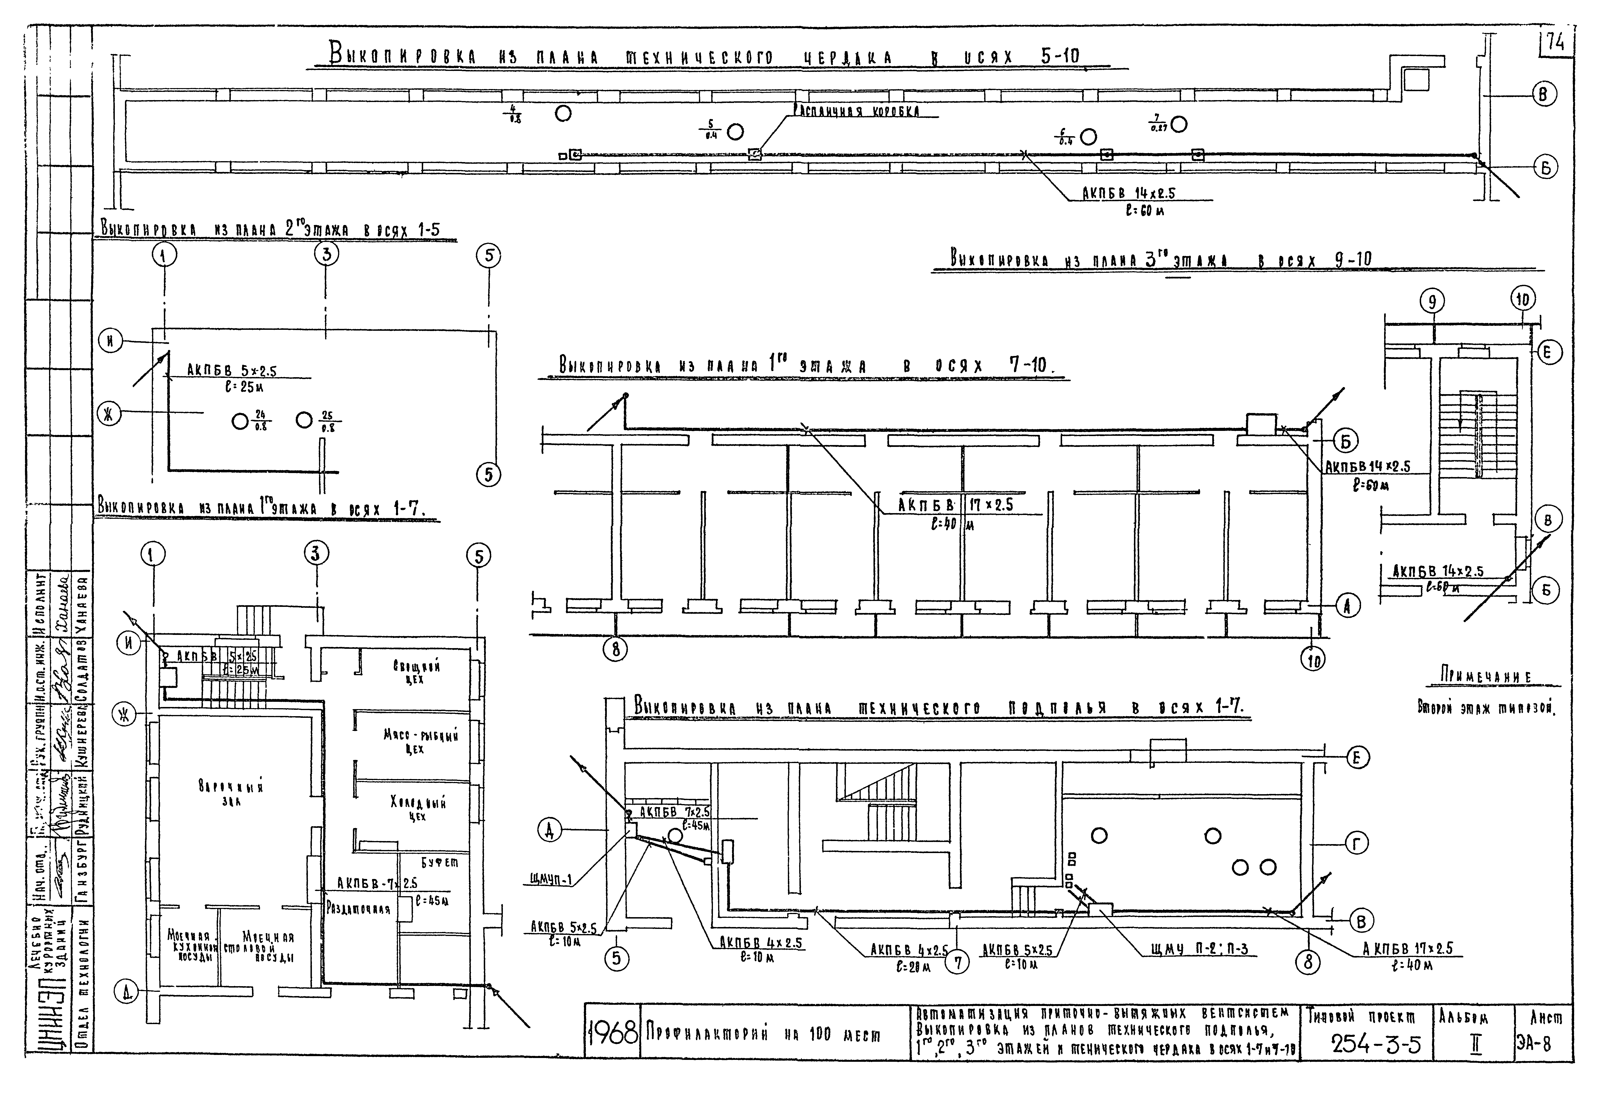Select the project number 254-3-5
[1376, 1045]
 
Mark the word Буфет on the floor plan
[439, 862]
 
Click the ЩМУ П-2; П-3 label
[1199, 950]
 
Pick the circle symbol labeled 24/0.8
[240, 421]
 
